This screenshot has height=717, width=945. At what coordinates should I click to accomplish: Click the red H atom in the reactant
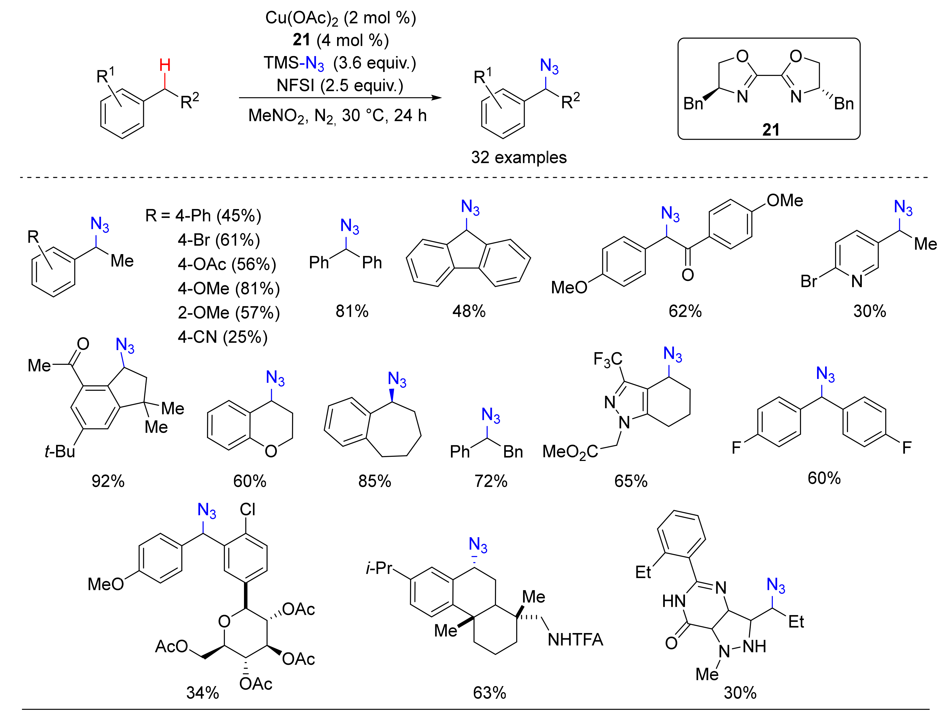(165, 65)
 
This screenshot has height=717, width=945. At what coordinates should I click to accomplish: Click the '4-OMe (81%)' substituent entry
(229, 289)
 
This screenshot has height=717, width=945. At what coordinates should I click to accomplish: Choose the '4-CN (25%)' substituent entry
(223, 337)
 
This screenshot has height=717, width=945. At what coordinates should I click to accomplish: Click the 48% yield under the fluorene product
(469, 311)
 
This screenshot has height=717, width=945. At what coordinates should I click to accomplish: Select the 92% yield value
(108, 481)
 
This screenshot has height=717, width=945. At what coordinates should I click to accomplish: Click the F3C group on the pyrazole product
(608, 359)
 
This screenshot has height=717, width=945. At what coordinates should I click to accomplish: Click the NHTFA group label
(575, 640)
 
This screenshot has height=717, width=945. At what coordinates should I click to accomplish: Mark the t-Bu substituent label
(60, 451)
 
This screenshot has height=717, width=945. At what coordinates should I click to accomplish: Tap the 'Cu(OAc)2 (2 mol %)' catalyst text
(340, 18)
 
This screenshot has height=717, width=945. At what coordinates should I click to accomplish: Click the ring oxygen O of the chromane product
(271, 451)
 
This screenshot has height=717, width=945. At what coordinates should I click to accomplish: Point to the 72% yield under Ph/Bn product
(491, 481)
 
